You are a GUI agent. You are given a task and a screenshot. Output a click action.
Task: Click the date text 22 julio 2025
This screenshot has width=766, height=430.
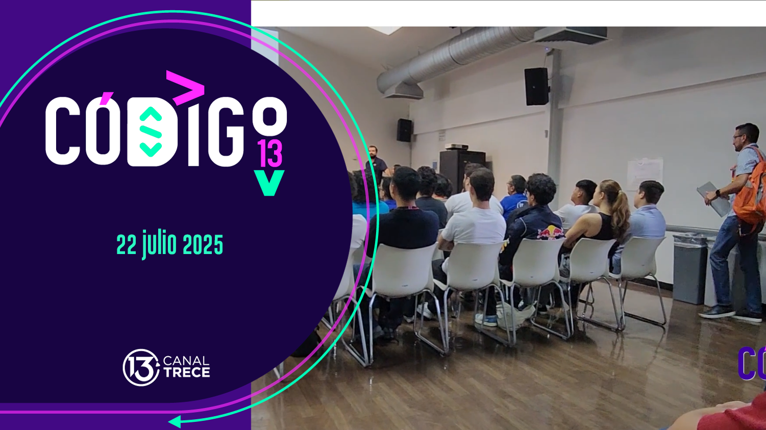169,245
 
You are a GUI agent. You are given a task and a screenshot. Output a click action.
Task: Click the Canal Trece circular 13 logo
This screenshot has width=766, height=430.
140,367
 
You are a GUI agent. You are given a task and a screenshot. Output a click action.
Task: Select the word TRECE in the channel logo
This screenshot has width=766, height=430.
187,373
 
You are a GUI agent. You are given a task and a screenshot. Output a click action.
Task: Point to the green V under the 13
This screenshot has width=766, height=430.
269,183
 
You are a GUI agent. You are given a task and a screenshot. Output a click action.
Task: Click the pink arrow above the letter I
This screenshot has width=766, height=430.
186,88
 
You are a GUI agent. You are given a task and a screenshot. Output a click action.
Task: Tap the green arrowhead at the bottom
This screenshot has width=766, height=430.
175,421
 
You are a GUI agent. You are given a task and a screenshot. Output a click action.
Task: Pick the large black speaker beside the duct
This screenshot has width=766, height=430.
536,86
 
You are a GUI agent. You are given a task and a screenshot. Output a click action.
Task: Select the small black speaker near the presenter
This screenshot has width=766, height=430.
404,130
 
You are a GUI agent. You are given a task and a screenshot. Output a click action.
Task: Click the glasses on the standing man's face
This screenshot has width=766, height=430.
738,136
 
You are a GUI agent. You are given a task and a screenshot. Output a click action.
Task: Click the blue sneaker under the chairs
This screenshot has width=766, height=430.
486,320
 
